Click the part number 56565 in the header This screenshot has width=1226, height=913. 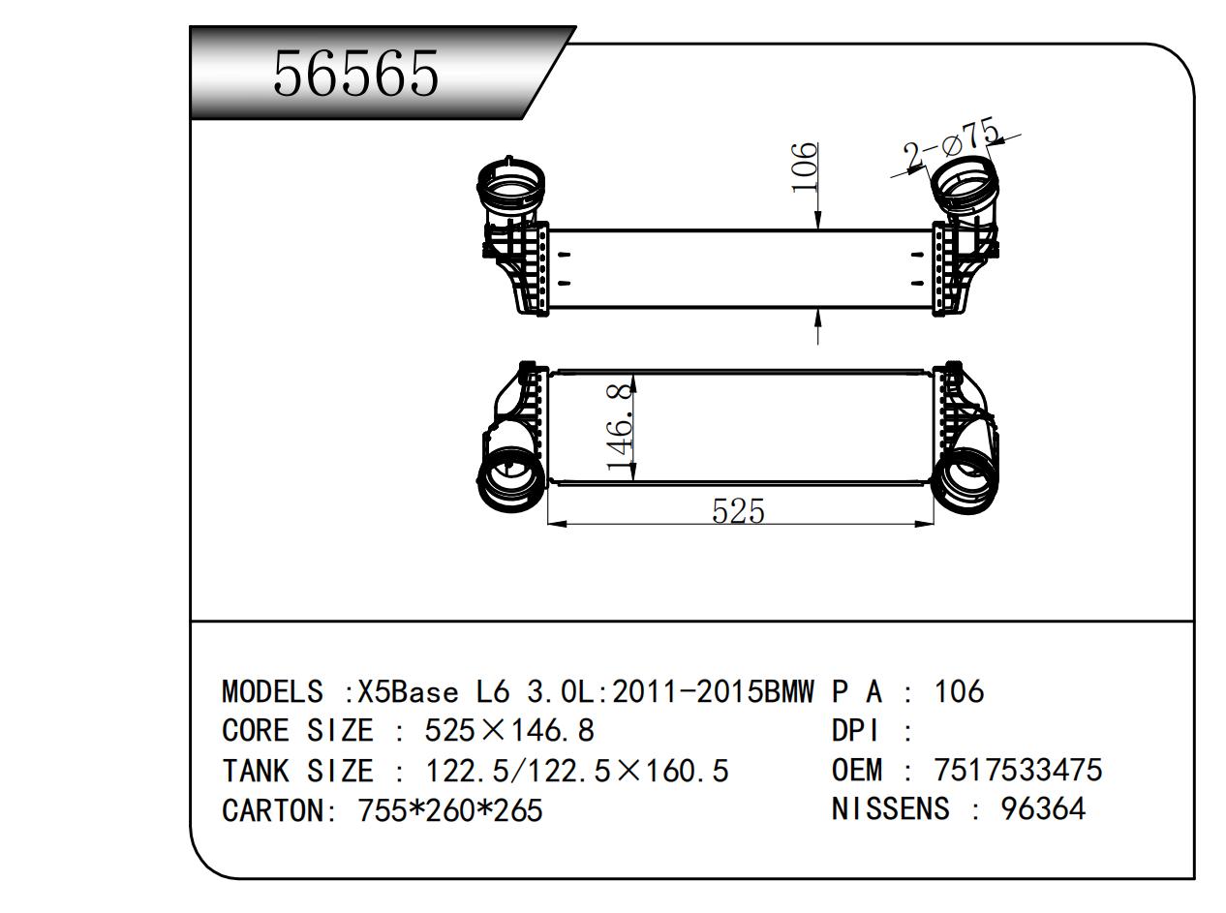(x=355, y=74)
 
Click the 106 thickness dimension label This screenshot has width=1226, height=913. (x=805, y=167)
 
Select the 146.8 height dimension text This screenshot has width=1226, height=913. (x=621, y=426)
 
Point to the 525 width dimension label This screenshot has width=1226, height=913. (x=738, y=510)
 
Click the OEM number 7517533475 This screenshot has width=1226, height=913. (x=1018, y=770)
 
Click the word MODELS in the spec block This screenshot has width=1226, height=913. (x=272, y=692)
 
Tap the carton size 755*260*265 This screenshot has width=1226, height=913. (x=450, y=809)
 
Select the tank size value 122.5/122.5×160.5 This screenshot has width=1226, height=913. (x=577, y=772)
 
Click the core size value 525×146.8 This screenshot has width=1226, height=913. (x=509, y=730)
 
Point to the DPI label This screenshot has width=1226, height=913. (x=853, y=731)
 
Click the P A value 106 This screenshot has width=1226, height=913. (x=959, y=691)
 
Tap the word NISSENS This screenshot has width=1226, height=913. (x=890, y=807)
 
